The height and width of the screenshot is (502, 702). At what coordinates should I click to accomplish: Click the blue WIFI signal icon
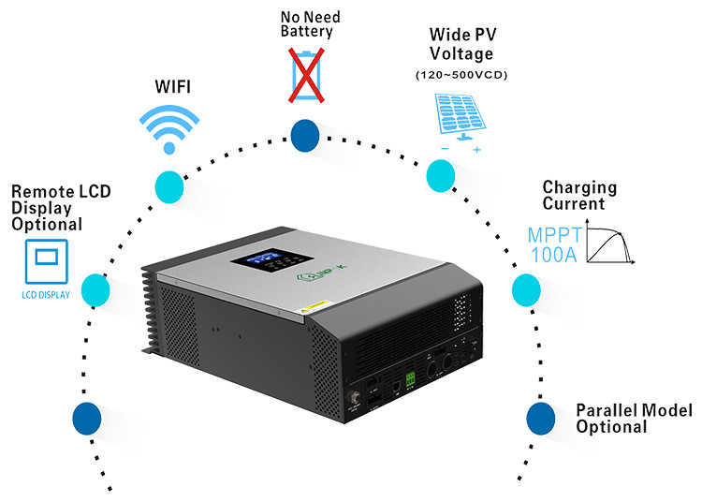169,126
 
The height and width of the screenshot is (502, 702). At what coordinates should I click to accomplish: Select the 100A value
554,256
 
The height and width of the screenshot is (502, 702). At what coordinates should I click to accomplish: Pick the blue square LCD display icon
44,258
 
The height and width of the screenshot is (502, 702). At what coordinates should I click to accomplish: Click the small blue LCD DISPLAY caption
44,294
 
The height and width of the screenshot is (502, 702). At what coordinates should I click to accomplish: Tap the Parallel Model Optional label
633,419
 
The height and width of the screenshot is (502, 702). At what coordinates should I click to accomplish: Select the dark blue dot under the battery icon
305,137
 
